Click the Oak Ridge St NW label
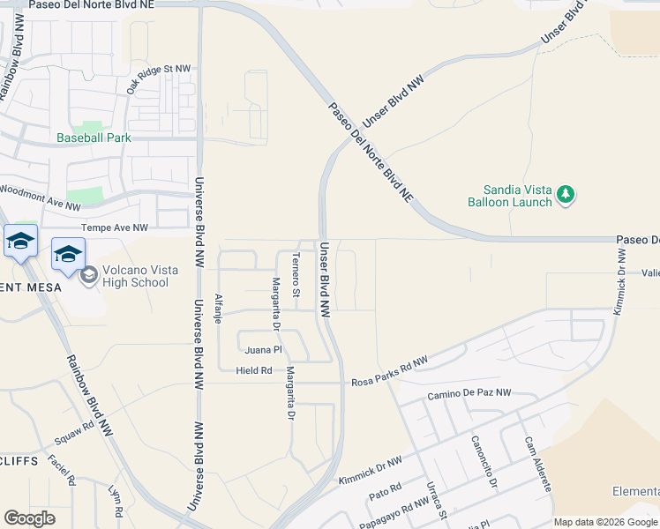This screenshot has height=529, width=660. [x=159, y=79]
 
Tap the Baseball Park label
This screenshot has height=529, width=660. [x=94, y=138]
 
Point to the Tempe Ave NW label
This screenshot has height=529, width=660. [x=115, y=227]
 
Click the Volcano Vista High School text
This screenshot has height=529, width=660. [x=127, y=276]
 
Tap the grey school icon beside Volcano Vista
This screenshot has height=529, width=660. [x=88, y=276]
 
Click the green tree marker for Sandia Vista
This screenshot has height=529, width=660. [x=566, y=195]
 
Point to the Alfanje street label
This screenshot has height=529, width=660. [x=218, y=309]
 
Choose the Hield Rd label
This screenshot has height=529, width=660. [x=254, y=370]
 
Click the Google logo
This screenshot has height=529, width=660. [x=29, y=518]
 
